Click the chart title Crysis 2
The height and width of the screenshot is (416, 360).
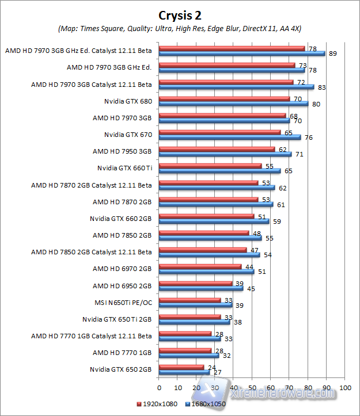click(179, 14)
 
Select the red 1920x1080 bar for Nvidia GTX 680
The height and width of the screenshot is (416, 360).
click(224, 99)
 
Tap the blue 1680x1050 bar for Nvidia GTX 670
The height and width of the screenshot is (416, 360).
click(230, 137)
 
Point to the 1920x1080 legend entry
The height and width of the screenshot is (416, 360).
click(158, 404)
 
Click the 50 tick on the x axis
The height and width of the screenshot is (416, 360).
click(252, 388)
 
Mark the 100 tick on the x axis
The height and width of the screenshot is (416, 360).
click(344, 388)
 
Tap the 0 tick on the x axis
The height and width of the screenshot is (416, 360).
click(159, 388)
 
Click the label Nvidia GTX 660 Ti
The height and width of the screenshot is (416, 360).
click(124, 168)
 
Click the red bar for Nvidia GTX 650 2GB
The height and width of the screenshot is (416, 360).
click(181, 367)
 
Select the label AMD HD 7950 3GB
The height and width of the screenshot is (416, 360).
click(122, 151)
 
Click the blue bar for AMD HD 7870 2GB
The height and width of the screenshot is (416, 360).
click(216, 204)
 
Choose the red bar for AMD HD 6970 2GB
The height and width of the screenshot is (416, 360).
click(200, 266)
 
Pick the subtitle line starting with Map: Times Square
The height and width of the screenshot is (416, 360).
click(180, 28)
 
